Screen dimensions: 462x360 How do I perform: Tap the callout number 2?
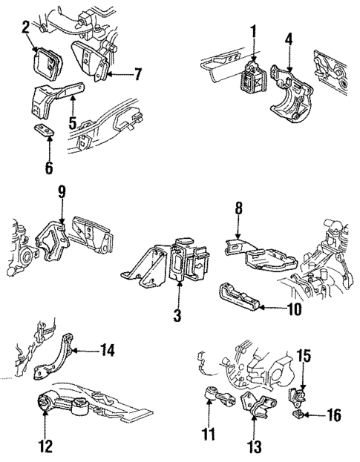(25, 27)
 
